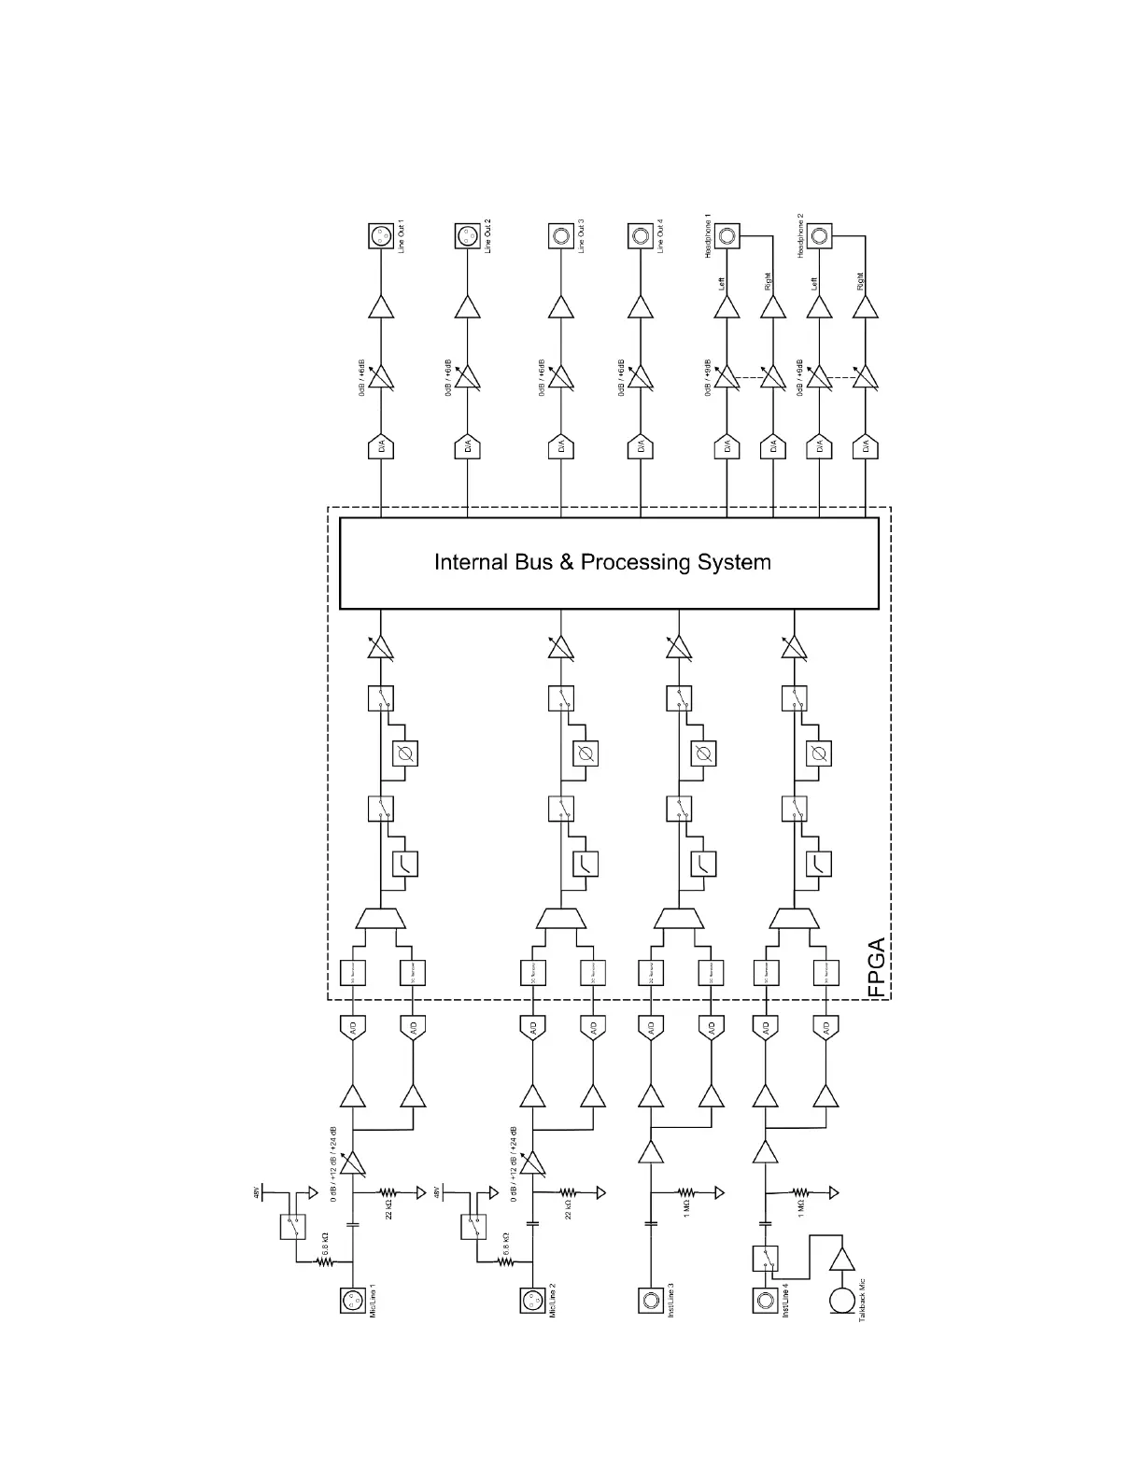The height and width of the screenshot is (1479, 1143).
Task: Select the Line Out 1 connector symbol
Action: pos(380,236)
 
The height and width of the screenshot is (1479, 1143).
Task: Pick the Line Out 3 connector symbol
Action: pos(560,236)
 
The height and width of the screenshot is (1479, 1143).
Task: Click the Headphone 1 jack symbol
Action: pos(727,236)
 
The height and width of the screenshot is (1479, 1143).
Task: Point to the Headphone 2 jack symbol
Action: pos(820,236)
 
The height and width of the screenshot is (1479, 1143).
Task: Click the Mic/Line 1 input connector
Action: pos(353,1300)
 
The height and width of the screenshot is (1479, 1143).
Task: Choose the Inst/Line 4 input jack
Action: pos(765,1300)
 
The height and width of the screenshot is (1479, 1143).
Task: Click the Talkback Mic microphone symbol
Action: pos(842,1300)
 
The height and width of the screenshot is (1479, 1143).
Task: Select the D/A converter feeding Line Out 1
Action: pos(380,448)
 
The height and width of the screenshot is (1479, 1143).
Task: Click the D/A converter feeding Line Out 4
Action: pos(641,448)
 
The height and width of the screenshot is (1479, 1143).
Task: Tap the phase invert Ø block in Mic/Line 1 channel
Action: pos(405,754)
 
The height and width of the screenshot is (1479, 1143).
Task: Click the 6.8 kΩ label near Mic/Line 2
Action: pos(505,1242)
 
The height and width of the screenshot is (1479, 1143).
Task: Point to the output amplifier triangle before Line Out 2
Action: pos(468,307)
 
